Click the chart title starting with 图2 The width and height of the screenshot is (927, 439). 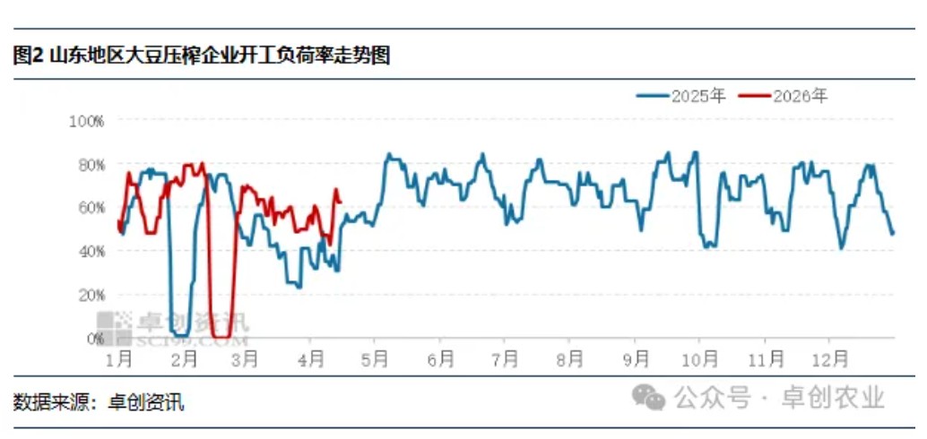coord(202,56)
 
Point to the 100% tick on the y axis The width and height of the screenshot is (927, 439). coord(87,120)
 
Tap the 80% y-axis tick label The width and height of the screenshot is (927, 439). coord(90,164)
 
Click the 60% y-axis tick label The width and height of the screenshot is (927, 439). coord(90,207)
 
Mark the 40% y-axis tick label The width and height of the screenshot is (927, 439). coord(90,251)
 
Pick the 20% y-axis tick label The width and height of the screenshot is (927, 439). coord(90,294)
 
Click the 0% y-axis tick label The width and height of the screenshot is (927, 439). coord(93,338)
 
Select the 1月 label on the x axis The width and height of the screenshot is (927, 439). coord(119,359)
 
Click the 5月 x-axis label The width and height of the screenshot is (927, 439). coord(375,359)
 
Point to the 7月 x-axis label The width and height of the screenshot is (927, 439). coord(505,359)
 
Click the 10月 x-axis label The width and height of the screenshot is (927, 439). coord(699,359)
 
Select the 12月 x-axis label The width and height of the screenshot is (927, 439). coord(829,359)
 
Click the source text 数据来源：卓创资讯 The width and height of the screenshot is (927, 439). coord(99,402)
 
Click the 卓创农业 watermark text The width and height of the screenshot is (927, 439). coord(834,396)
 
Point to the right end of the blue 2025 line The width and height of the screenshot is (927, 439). coord(892,234)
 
